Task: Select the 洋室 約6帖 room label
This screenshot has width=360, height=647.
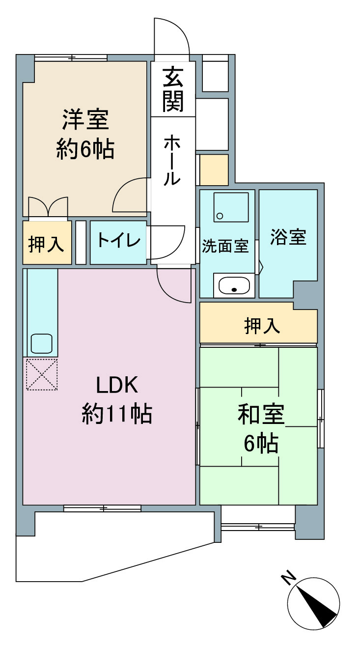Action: (x=85, y=134)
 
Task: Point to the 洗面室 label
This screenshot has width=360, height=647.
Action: (x=225, y=246)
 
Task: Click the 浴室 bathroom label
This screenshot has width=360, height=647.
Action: (x=288, y=237)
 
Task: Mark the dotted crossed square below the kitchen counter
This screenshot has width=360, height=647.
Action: (x=42, y=374)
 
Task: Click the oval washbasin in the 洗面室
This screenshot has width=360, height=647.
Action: (x=234, y=286)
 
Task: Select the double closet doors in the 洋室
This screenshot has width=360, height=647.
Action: (x=48, y=207)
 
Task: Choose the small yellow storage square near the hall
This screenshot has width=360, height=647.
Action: (x=214, y=170)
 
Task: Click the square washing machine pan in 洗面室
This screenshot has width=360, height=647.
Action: (x=230, y=207)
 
